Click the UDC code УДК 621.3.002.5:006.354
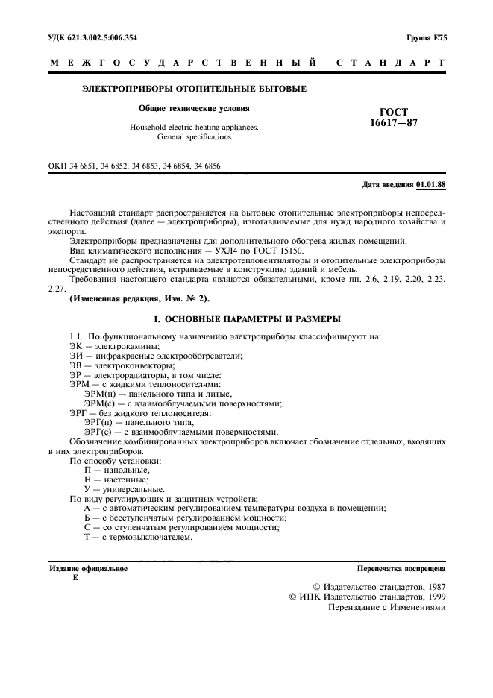pyautogui.click(x=87, y=37)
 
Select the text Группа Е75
pyautogui.click(x=426, y=37)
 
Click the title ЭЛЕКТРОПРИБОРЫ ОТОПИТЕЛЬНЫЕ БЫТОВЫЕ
pyautogui.click(x=193, y=89)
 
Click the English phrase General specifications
pyautogui.click(x=194, y=137)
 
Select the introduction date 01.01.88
pyautogui.click(x=431, y=183)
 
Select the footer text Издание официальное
pyautogui.click(x=87, y=568)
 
